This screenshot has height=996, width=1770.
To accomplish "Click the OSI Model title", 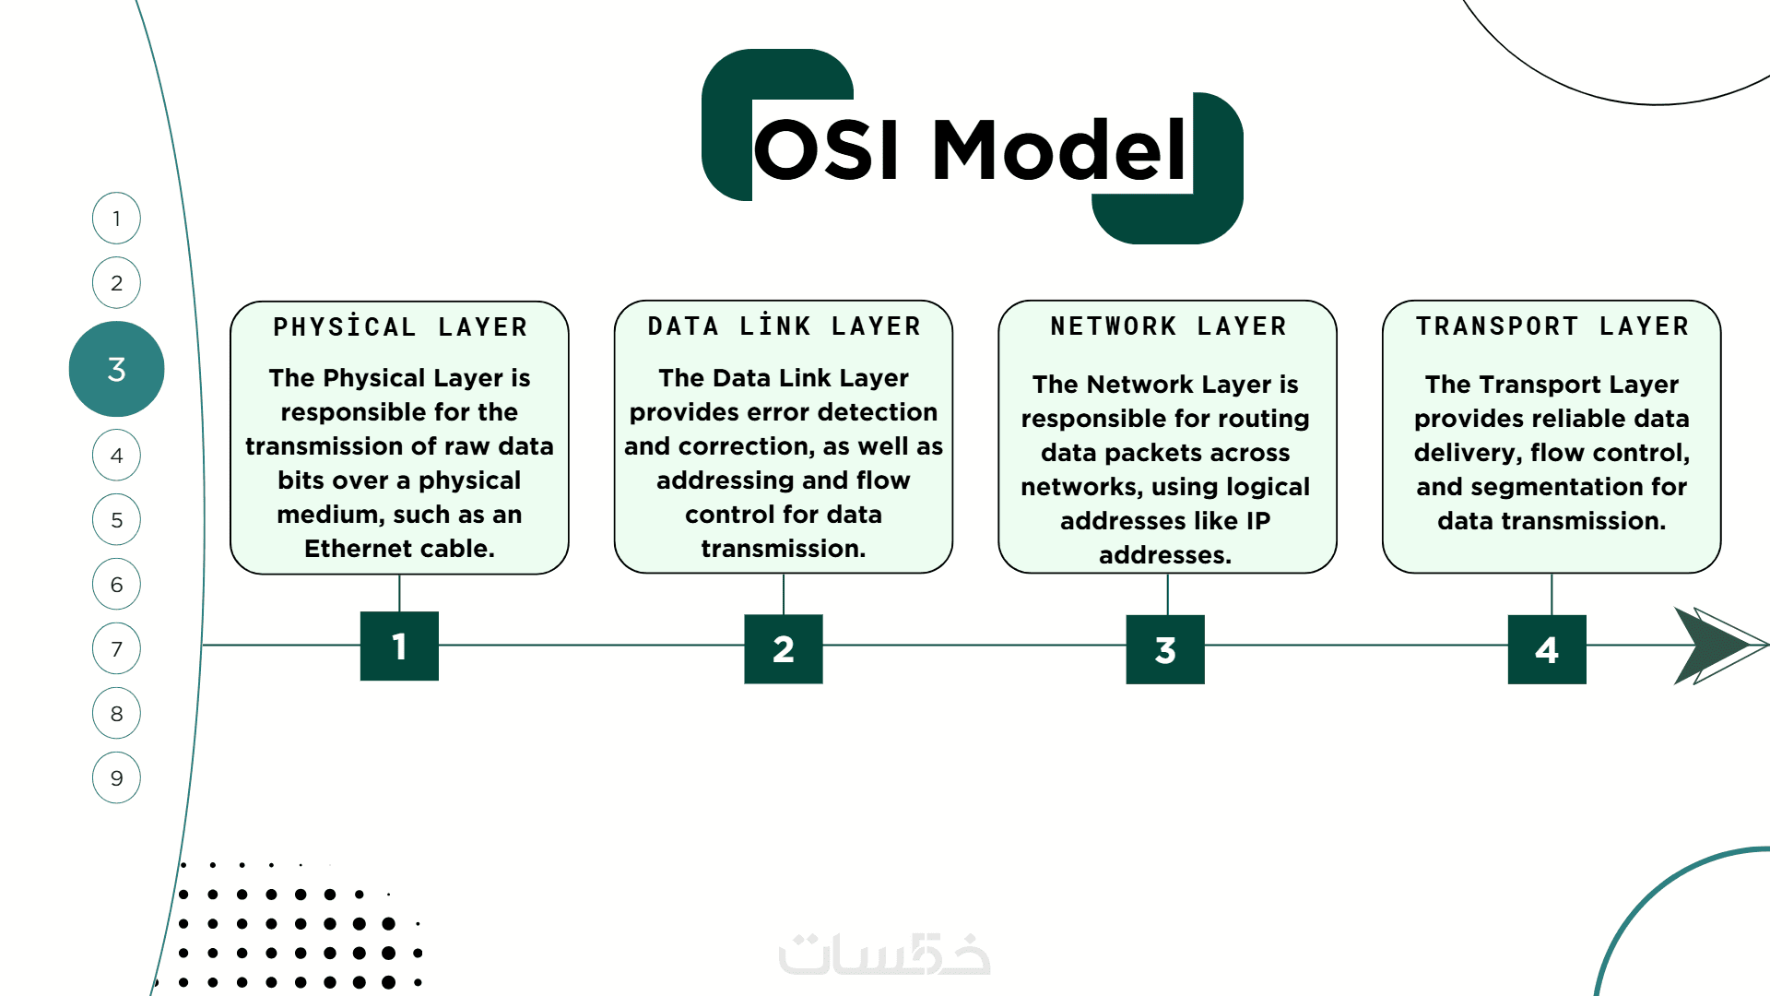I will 971,149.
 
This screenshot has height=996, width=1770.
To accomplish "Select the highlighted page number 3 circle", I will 116,369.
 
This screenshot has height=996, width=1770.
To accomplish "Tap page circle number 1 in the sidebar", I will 116,219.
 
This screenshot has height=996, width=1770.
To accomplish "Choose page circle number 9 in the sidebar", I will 116,777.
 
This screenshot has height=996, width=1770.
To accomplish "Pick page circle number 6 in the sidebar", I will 116,584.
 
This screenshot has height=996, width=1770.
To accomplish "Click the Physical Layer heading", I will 399,327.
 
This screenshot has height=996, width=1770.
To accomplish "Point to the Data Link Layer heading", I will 784,326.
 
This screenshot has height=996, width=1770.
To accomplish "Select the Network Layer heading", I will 1168,326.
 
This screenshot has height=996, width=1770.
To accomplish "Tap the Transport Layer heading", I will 1552,326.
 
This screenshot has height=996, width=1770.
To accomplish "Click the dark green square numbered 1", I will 399,646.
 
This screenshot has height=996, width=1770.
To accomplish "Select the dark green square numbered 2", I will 784,649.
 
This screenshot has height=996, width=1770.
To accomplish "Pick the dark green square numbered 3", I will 1165,649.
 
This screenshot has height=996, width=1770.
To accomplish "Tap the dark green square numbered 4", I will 1547,649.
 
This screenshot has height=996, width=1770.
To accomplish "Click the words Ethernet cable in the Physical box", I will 399,549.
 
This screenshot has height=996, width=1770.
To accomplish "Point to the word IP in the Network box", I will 1258,521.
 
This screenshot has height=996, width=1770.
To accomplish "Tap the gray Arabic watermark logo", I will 885,954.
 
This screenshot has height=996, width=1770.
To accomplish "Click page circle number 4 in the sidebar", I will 116,455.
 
